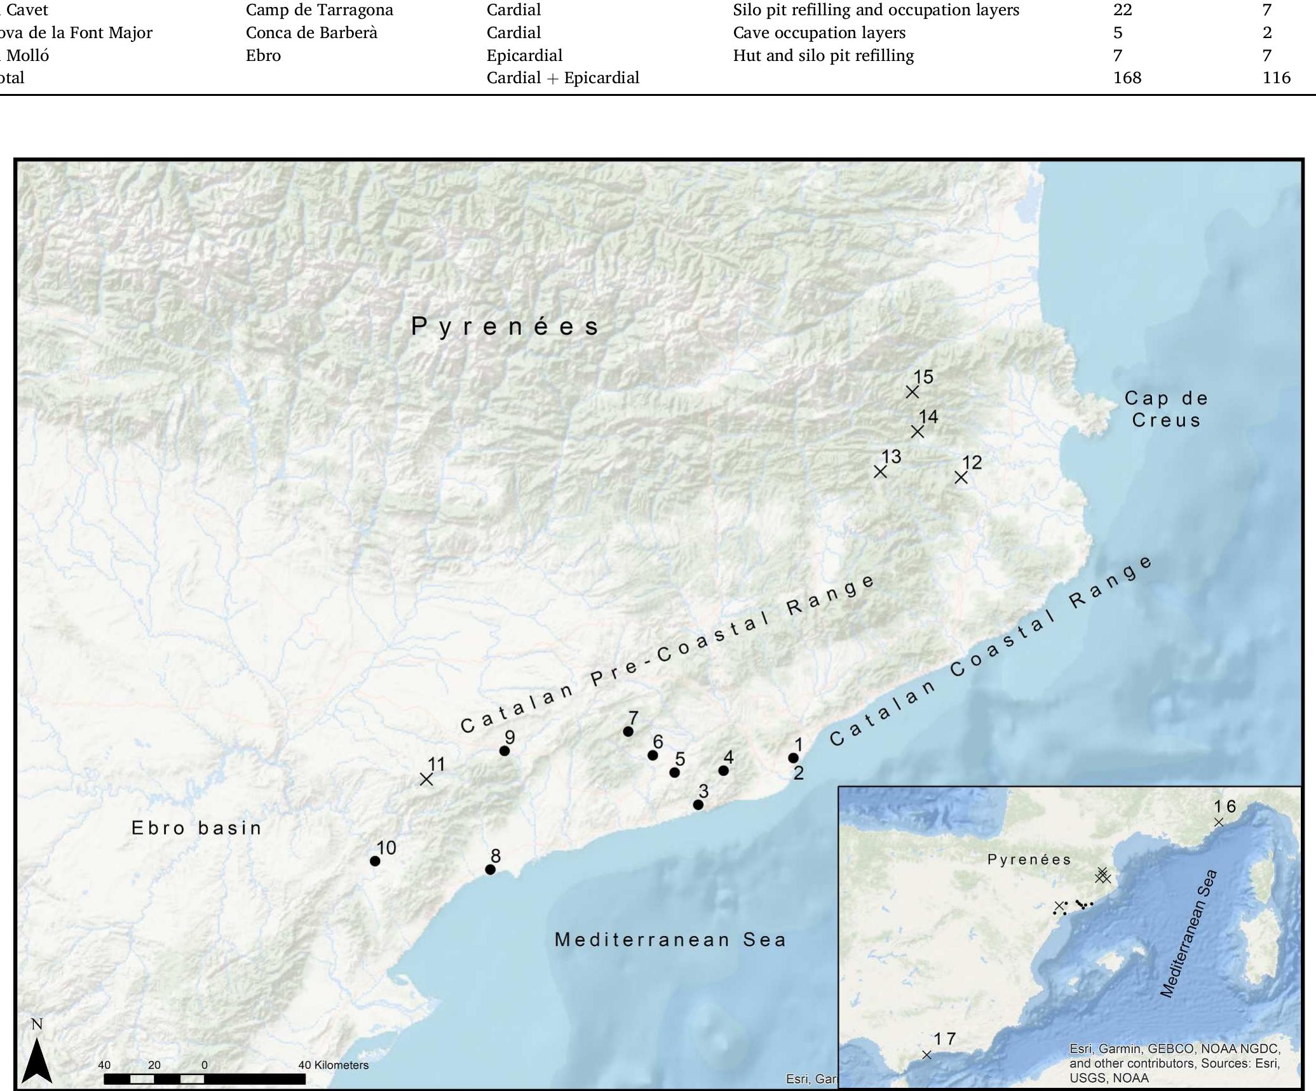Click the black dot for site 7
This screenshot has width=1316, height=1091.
click(x=628, y=732)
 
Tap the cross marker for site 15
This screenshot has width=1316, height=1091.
click(x=912, y=392)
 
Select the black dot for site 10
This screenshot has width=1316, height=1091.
click(x=375, y=861)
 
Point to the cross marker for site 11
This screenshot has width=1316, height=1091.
click(x=426, y=779)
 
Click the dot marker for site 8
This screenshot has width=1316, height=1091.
click(x=490, y=869)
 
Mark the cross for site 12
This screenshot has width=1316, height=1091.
click(x=961, y=477)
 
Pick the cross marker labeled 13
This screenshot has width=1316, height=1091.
click(x=880, y=472)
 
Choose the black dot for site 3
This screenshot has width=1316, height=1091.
click(x=698, y=805)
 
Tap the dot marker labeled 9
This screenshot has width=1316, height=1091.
click(x=505, y=751)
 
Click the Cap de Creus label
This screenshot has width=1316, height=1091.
click(x=1166, y=409)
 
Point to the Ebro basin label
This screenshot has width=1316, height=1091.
click(x=196, y=828)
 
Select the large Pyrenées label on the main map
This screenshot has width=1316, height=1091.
click(x=505, y=326)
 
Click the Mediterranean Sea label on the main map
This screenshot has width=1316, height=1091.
click(x=670, y=940)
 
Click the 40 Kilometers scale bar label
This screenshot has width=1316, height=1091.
click(x=333, y=1065)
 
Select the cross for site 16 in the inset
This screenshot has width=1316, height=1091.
click(x=1219, y=822)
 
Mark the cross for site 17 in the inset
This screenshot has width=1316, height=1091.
click(x=926, y=1055)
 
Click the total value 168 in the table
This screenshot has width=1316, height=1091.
click(x=1127, y=77)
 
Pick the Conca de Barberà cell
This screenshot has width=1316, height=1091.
click(x=311, y=32)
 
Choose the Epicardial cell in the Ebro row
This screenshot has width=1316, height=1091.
click(x=524, y=55)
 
